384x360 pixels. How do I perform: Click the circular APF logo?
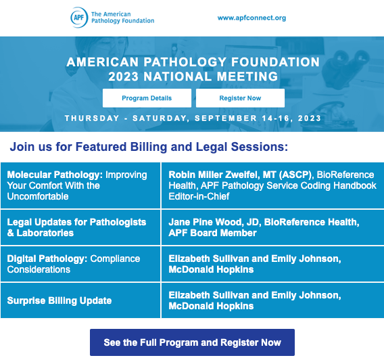coord(78,17)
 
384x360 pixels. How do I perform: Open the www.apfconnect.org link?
coord(251,18)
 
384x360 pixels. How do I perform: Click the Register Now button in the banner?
coord(240,98)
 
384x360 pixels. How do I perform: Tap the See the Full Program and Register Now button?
coord(192,342)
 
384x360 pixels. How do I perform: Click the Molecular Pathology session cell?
coord(80,185)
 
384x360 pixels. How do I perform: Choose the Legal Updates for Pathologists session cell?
coord(80,227)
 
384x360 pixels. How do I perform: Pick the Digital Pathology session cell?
coord(80,264)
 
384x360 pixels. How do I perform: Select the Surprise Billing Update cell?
coord(80,300)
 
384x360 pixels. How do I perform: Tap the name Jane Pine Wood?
coord(203,222)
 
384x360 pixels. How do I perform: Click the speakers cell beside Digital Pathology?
coord(272,264)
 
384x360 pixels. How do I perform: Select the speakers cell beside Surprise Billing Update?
coord(272,300)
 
